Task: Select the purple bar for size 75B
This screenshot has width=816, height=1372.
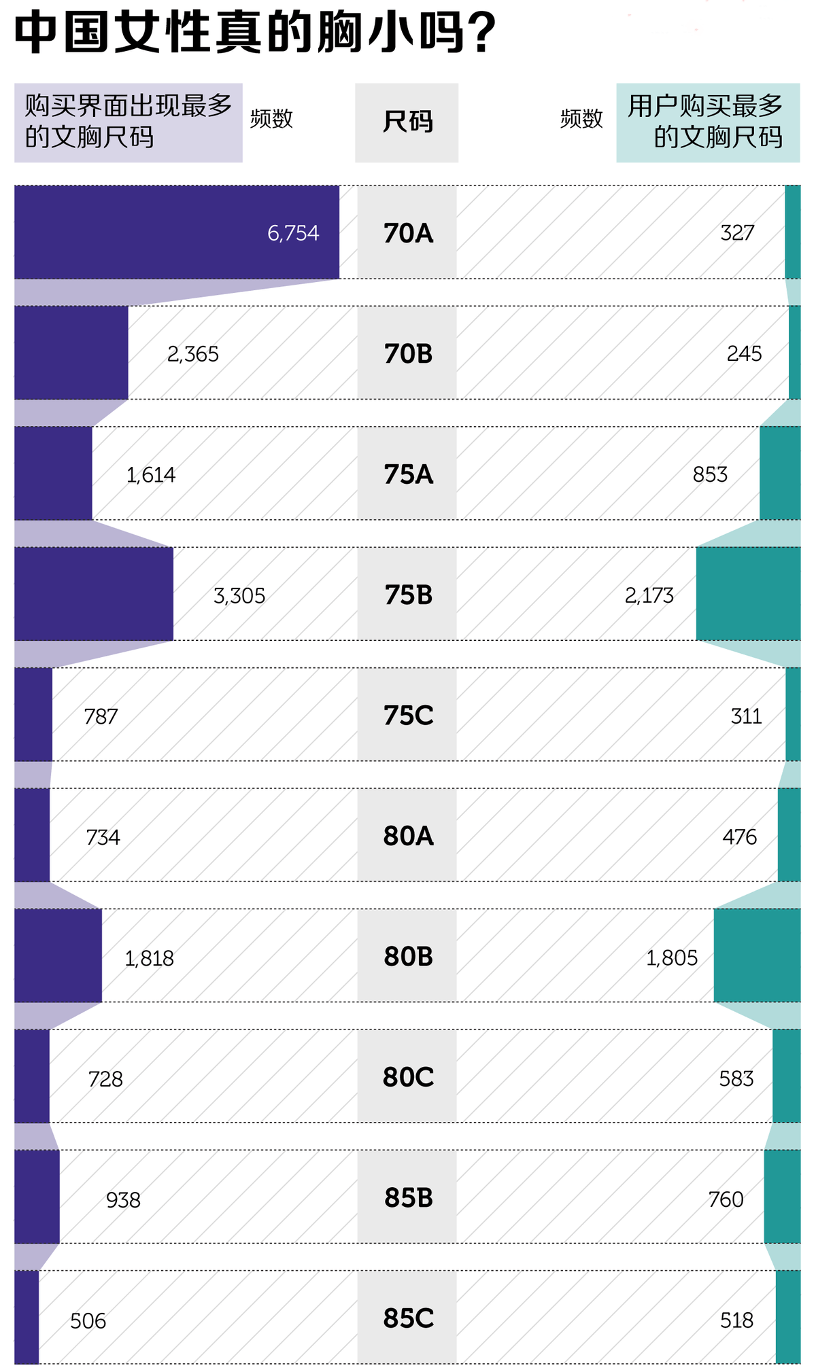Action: (94, 594)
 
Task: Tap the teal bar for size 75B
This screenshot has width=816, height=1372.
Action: (748, 594)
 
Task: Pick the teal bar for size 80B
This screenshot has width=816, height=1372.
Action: (757, 955)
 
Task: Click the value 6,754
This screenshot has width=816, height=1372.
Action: (293, 233)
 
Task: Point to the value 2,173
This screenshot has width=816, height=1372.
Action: (649, 596)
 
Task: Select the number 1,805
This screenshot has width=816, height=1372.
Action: (671, 958)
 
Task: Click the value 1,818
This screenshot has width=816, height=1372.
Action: (149, 958)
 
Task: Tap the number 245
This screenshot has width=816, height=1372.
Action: (744, 353)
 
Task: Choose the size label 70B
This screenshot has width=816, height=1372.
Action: (408, 353)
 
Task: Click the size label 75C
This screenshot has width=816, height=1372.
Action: (408, 716)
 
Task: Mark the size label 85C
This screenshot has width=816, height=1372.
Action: (408, 1318)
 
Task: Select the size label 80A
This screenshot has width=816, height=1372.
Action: (408, 836)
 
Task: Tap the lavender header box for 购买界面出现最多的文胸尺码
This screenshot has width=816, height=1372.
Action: (129, 122)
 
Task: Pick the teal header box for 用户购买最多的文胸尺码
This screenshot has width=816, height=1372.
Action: (708, 122)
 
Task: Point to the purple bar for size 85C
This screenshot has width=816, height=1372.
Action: (27, 1317)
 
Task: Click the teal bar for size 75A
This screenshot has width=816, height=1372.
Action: (780, 473)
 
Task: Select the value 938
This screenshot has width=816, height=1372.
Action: (123, 1200)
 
